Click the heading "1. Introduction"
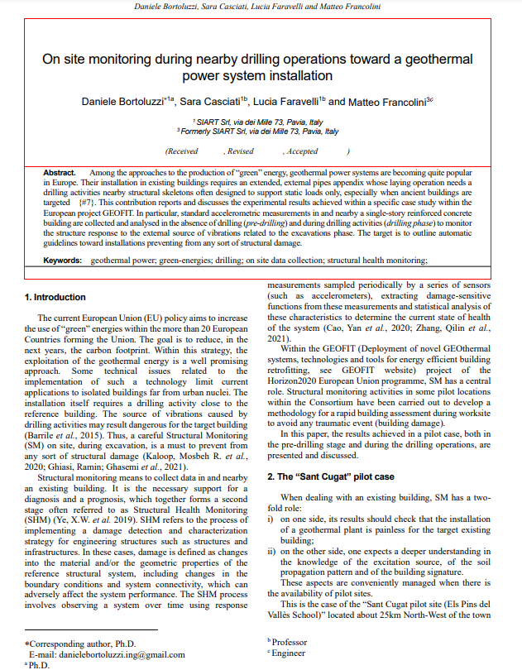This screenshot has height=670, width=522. pos(55,297)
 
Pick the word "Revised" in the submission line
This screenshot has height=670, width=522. pos(240,151)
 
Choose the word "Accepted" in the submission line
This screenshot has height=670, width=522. pos(302,151)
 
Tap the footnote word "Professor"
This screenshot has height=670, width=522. pos(290,642)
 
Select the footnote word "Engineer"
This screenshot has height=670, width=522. pos(289,653)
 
